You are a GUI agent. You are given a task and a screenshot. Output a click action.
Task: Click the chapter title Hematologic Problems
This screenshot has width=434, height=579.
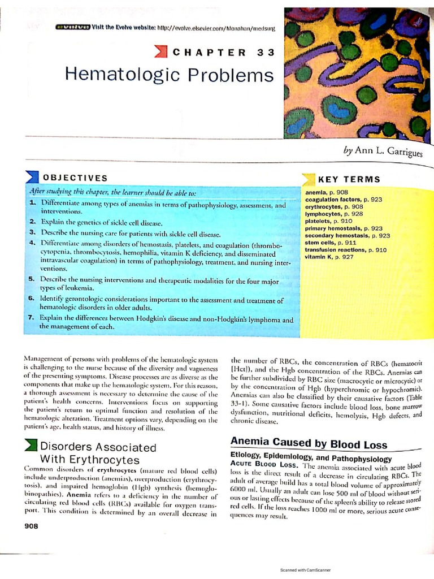point(170,74)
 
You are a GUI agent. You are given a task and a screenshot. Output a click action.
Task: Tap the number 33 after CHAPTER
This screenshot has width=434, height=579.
point(265,53)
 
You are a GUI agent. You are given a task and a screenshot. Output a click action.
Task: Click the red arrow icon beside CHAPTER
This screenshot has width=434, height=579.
point(161,53)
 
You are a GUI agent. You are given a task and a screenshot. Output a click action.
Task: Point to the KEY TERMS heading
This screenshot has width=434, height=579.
point(349,179)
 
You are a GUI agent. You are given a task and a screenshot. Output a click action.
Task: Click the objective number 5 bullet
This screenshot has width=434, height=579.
point(32,279)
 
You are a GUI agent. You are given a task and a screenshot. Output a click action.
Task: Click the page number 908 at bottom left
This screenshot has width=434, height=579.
point(31,526)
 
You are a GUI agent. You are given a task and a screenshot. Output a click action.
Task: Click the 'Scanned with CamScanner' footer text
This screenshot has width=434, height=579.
point(305,570)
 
